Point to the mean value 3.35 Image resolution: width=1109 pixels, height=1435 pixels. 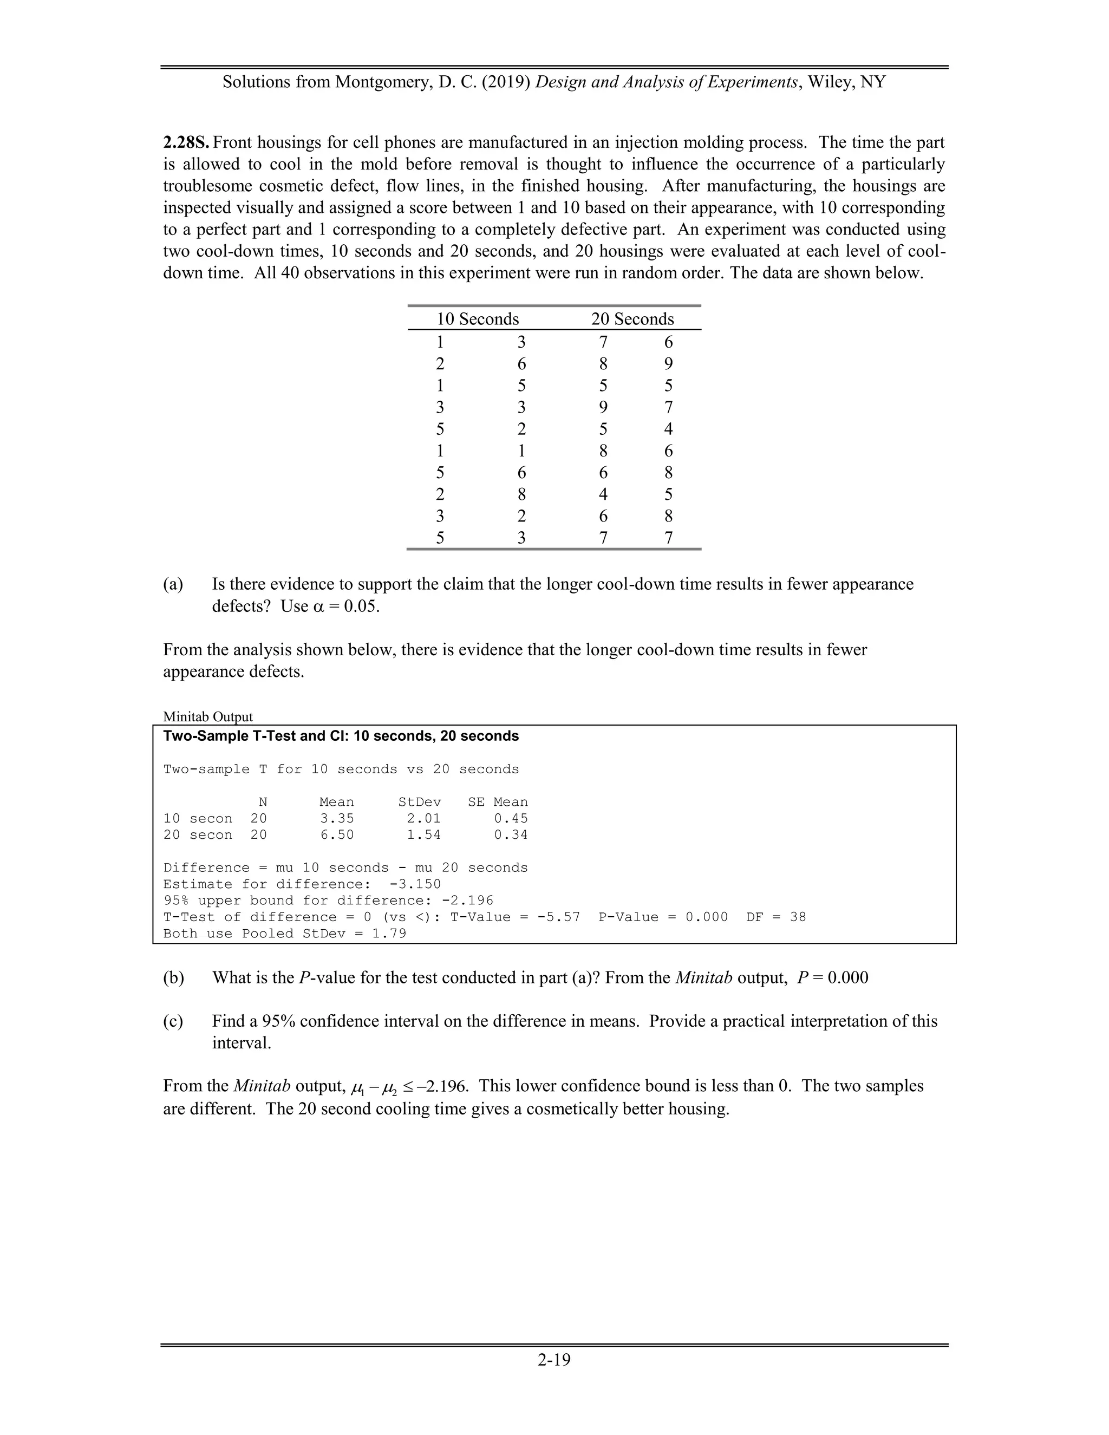[336, 818]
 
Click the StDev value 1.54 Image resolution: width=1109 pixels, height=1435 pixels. [424, 834]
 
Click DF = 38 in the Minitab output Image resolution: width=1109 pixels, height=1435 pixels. [776, 917]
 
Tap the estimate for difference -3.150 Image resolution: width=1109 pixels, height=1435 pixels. [415, 884]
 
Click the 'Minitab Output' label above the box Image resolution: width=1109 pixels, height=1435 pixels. [207, 716]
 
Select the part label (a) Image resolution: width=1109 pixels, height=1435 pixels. [173, 584]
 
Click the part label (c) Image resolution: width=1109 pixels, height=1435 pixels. [173, 1021]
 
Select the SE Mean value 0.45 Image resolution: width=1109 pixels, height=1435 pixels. [511, 818]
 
